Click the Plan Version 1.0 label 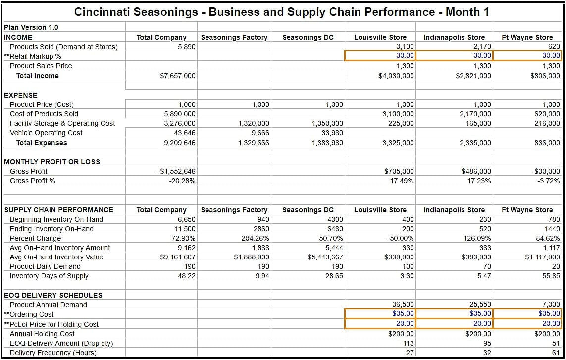pyautogui.click(x=31, y=27)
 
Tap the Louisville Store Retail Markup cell pyautogui.click(x=380, y=56)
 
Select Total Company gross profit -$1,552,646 pyautogui.click(x=176, y=171)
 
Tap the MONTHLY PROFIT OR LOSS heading pyautogui.click(x=52, y=162)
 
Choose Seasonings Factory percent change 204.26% pyautogui.click(x=256, y=238)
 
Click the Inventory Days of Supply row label pyautogui.click(x=49, y=276)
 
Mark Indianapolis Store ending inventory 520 pyautogui.click(x=485, y=229)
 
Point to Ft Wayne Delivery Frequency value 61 pyautogui.click(x=556, y=353)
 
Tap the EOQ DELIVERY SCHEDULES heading pyautogui.click(x=53, y=295)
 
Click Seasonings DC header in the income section pyautogui.click(x=308, y=37)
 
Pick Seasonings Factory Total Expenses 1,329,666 pyautogui.click(x=254, y=143)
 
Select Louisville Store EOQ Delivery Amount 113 pyautogui.click(x=408, y=343)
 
